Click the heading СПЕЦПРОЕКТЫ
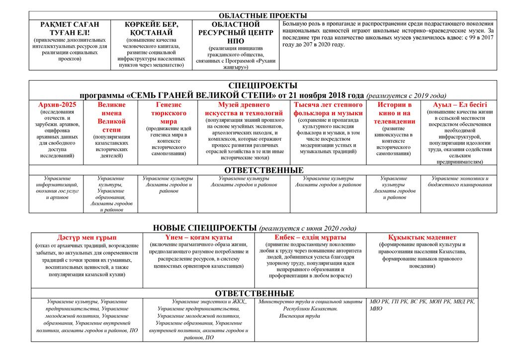(x=263, y=86)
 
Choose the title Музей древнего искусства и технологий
(x=244, y=109)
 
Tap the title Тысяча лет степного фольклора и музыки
(x=328, y=109)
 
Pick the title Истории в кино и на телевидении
(x=395, y=113)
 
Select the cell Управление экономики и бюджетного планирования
(x=460, y=181)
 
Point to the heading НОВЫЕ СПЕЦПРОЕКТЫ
(x=205, y=228)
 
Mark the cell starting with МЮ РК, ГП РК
(x=422, y=305)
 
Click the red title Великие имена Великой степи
(x=111, y=117)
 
